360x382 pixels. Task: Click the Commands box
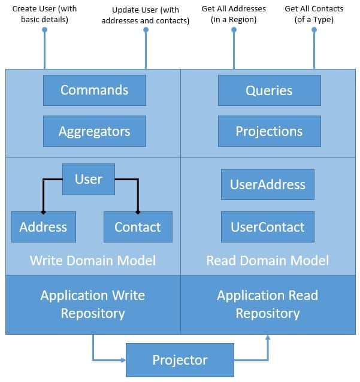coord(94,90)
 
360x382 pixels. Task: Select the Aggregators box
coord(94,131)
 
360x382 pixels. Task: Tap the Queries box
coord(269,90)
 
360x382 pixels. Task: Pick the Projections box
coord(269,131)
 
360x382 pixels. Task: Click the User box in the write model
coord(89,179)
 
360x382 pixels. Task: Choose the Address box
coord(43,227)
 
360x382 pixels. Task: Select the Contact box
coord(138,227)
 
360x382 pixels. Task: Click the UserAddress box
coord(268,184)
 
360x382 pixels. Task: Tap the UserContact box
coord(268,227)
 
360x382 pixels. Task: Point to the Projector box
coord(180,360)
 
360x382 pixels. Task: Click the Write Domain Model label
coord(93,260)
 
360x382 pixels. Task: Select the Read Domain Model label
coord(267,260)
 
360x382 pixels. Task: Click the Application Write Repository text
coord(93,304)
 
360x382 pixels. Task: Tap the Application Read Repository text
coord(267,304)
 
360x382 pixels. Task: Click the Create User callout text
coord(44,14)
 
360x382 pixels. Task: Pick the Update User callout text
coord(146,14)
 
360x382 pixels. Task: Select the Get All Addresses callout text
coord(234,14)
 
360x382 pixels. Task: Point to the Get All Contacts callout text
coord(314,14)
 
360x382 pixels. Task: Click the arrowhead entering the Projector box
coord(122,360)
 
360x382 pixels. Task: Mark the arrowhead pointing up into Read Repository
coord(268,338)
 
